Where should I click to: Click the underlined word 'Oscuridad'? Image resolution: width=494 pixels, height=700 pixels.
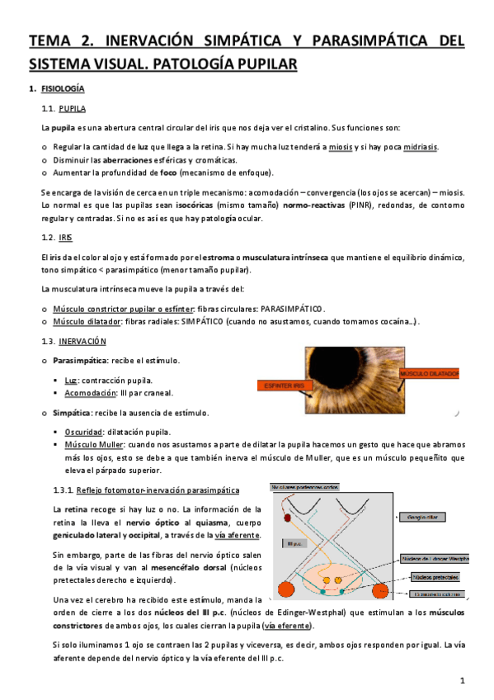pyautogui.click(x=84, y=432)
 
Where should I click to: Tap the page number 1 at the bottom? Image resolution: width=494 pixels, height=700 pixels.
pyautogui.click(x=463, y=680)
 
